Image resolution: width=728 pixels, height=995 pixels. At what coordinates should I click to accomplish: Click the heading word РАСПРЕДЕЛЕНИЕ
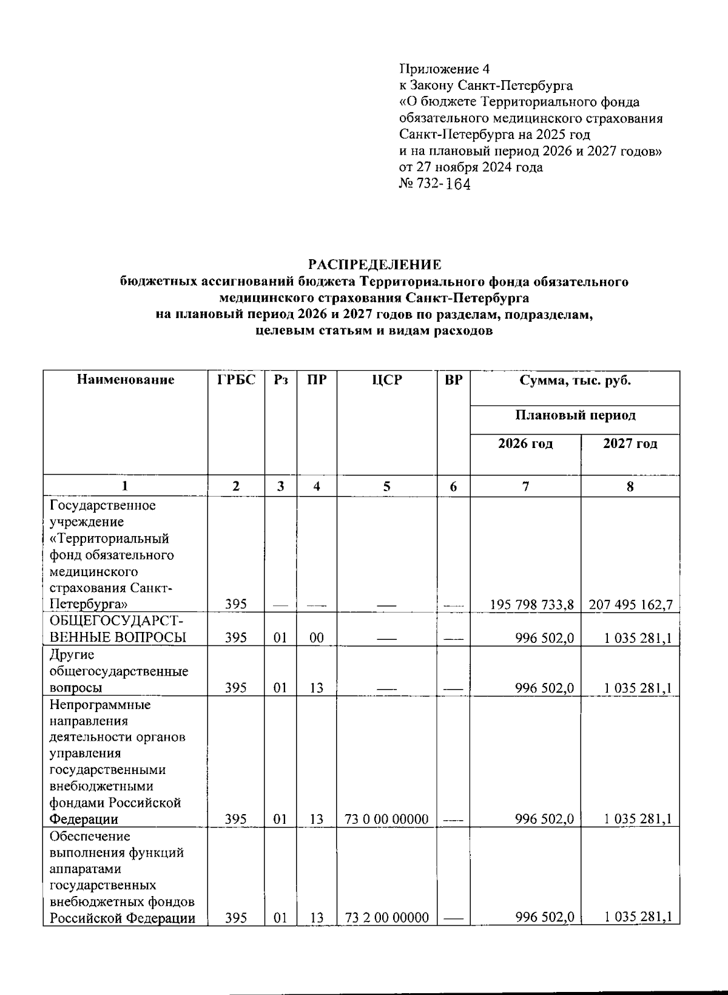pyautogui.click(x=374, y=265)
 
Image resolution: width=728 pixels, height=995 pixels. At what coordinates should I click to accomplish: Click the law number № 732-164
pyautogui.click(x=434, y=184)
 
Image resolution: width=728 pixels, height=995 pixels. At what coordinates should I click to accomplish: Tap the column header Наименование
pyautogui.click(x=126, y=380)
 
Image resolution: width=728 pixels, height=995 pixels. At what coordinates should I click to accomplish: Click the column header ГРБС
pyautogui.click(x=236, y=380)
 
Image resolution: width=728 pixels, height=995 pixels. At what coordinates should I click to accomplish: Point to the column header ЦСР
pyautogui.click(x=386, y=380)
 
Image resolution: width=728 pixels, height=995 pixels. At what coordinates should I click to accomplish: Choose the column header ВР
pyautogui.click(x=453, y=380)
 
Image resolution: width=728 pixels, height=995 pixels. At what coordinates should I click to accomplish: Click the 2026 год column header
pyautogui.click(x=525, y=444)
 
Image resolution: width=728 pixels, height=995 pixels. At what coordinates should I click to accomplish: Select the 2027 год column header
pyautogui.click(x=630, y=444)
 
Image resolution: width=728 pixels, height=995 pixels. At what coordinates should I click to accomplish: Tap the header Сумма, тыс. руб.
pyautogui.click(x=575, y=381)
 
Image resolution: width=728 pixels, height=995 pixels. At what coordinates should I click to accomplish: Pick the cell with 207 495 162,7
pyautogui.click(x=630, y=605)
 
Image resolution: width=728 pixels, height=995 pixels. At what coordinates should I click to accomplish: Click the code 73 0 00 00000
pyautogui.click(x=386, y=819)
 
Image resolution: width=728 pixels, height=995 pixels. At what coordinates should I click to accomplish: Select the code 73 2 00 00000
pyautogui.click(x=386, y=917)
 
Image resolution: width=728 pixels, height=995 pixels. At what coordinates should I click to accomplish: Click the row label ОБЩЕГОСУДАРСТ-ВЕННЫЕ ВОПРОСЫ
pyautogui.click(x=118, y=630)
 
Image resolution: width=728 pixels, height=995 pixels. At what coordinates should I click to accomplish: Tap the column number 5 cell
pyautogui.click(x=386, y=486)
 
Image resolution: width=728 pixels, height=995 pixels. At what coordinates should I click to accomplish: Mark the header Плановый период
pyautogui.click(x=575, y=416)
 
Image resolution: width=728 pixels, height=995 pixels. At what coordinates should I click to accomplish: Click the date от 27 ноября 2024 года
pyautogui.click(x=471, y=167)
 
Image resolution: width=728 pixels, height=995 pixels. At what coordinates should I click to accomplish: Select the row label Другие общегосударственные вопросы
pyautogui.click(x=118, y=671)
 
